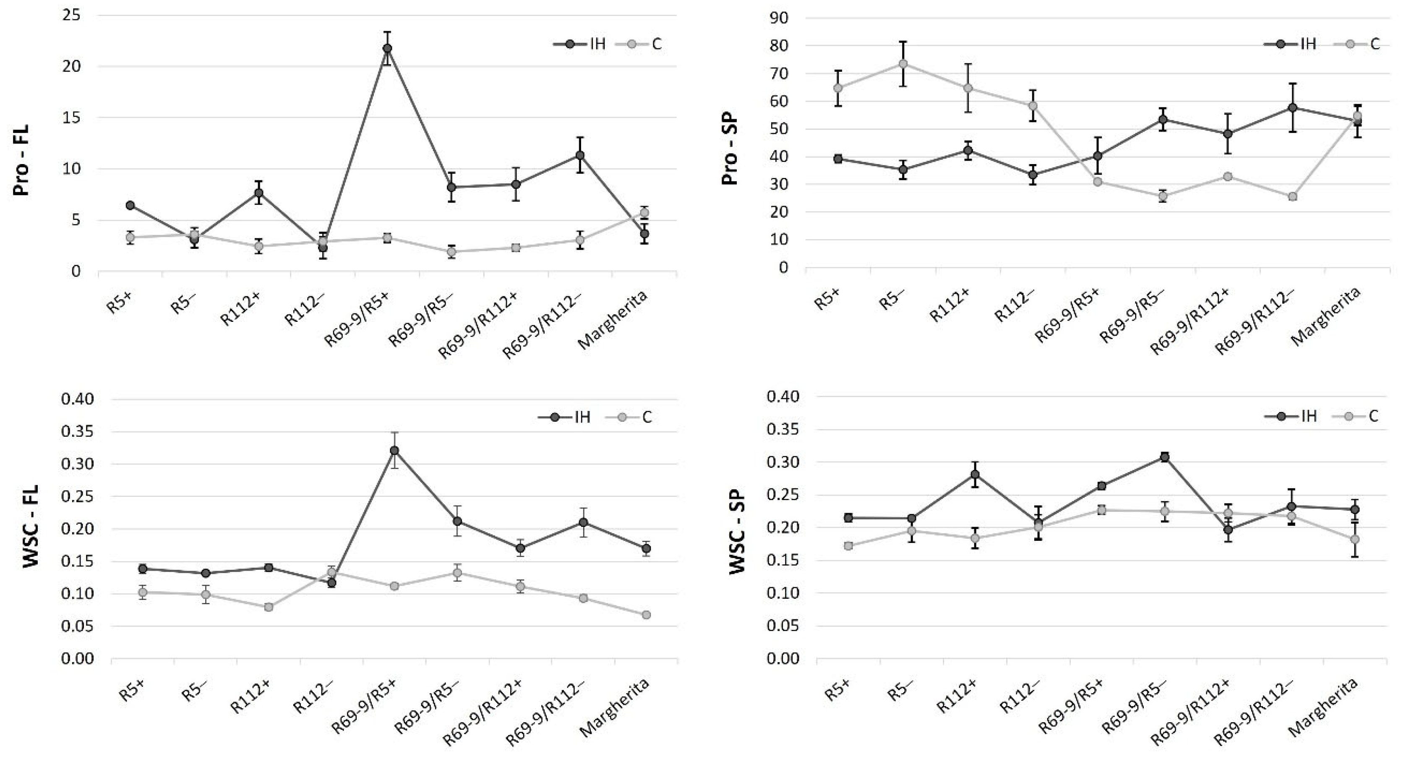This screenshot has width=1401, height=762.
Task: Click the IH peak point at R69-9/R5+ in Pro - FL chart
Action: point(387,48)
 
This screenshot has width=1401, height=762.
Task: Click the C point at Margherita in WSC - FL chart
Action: point(646,615)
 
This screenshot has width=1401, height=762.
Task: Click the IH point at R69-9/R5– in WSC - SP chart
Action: point(1164,457)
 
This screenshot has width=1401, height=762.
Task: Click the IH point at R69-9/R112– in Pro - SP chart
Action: point(1292,108)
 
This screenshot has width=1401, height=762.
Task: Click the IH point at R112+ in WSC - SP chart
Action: point(975,474)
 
